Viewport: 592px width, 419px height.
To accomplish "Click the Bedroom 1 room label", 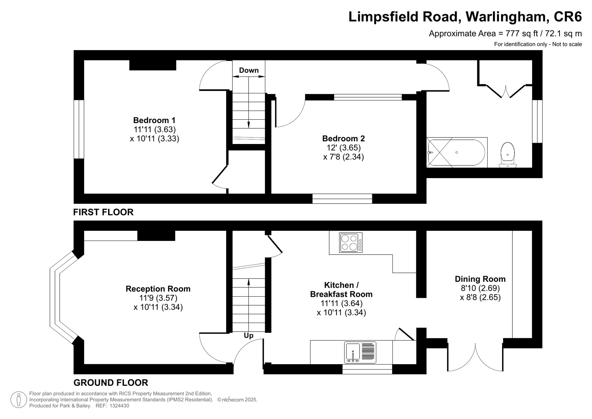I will (154, 120).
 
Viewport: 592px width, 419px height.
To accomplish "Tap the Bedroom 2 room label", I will (343, 138).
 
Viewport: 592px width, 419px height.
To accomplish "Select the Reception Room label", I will (158, 289).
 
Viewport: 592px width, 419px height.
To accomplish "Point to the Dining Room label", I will (480, 279).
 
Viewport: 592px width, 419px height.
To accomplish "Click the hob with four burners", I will (351, 243).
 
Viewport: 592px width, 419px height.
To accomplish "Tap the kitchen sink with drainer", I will (360, 352).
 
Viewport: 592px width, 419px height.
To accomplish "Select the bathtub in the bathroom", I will (457, 153).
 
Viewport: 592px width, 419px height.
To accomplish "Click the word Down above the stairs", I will (249, 70).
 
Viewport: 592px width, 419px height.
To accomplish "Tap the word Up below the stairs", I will (248, 335).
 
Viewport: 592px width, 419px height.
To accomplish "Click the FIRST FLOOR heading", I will (103, 212).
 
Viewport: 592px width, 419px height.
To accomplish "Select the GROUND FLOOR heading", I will (111, 383).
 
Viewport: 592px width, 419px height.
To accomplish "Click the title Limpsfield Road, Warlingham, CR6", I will (465, 17).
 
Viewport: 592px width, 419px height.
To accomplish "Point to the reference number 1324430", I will (119, 406).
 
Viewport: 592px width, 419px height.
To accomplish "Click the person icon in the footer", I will (19, 399).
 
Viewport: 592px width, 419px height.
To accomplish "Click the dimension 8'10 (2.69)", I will (480, 288).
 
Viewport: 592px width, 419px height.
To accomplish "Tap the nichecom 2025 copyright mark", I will (237, 400).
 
